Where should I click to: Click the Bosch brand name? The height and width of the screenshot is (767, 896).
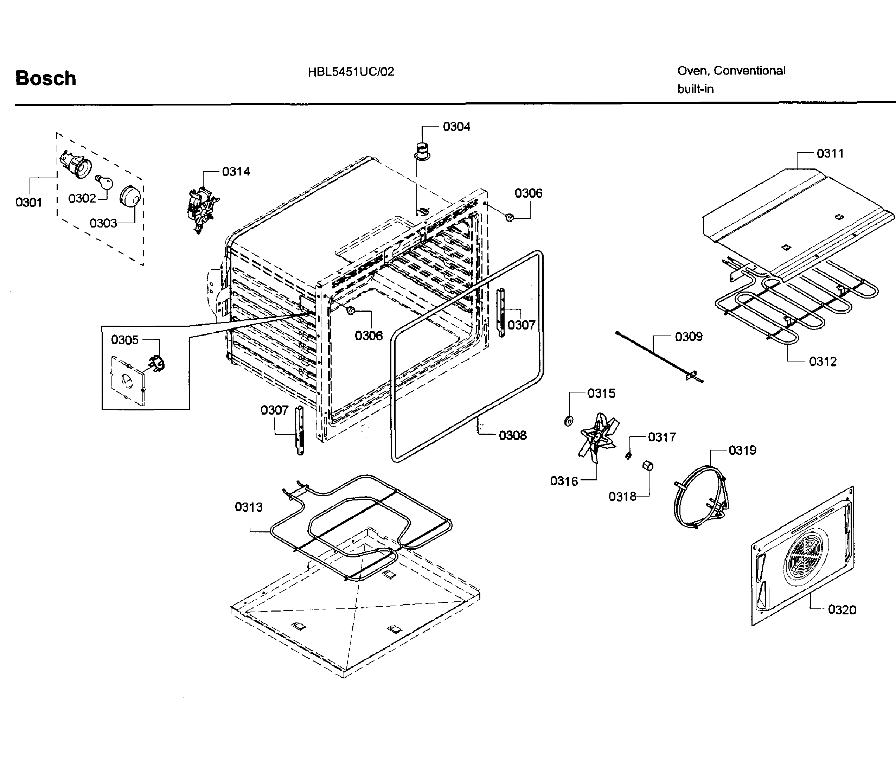point(45,78)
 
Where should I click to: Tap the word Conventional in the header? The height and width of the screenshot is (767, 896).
point(749,70)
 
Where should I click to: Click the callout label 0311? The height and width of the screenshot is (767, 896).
point(830,153)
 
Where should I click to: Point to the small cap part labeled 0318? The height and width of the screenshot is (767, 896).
point(647,466)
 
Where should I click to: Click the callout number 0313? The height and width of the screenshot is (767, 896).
point(248,507)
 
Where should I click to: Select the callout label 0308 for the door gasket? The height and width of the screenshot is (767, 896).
point(512,435)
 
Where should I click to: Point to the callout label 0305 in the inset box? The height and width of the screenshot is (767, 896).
point(124,340)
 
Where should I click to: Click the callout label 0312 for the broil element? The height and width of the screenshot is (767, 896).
point(823,362)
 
